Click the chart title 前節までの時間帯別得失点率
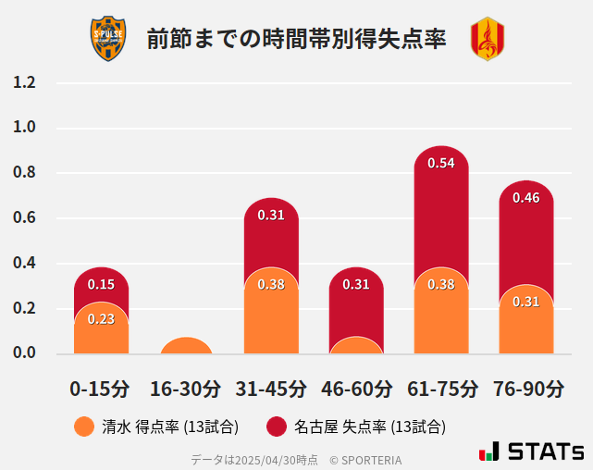[x=296, y=39]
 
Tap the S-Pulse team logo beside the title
[x=107, y=39]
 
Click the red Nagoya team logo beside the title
[x=488, y=39]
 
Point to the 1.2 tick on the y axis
[x=25, y=82]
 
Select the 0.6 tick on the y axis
[x=25, y=218]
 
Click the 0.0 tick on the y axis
[x=25, y=353]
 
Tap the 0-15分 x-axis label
[x=101, y=389]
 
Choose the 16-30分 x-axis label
[x=186, y=389]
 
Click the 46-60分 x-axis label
[x=356, y=389]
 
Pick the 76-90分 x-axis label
[x=526, y=389]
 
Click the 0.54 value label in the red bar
[x=441, y=163]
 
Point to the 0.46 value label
[x=526, y=197]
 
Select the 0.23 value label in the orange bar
[x=101, y=318]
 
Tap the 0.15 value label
[x=101, y=284]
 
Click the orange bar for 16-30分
[x=186, y=346]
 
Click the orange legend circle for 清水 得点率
[x=84, y=427]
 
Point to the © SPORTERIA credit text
[x=365, y=460]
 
